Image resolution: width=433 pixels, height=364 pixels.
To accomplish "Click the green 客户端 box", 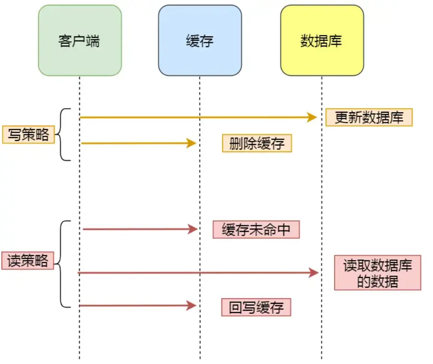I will point(80,40).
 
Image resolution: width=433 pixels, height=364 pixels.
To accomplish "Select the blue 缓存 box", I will point(200,40).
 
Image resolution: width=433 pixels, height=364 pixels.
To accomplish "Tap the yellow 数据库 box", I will point(322,40).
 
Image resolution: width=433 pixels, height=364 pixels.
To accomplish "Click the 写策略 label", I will point(28,135).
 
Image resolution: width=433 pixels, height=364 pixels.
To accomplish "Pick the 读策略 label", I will point(28,261).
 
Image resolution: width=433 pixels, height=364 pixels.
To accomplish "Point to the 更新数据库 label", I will point(369,117).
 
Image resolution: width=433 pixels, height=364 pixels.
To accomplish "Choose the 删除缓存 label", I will point(257,143).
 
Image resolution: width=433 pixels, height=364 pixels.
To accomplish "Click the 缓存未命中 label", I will point(256,230).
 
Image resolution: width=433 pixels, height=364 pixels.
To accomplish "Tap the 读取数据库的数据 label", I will point(377,273).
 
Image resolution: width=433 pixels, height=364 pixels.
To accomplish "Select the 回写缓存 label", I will point(256,307).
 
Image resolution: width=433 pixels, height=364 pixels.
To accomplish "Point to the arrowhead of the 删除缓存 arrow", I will point(192,143).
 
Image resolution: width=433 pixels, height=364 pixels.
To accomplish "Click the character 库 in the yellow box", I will point(335,41).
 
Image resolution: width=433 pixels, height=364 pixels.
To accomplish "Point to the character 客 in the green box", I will point(65,41).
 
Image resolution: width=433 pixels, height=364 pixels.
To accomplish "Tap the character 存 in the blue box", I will point(207,41).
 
